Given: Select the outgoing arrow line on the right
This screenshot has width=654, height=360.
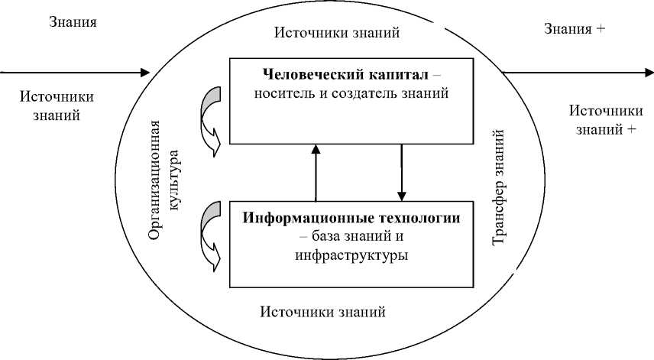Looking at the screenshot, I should (573, 73).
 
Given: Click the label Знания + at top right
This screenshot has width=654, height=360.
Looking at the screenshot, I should (575, 29).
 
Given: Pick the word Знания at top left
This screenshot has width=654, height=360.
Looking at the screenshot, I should (73, 21).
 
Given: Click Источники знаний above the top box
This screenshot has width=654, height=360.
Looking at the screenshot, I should (336, 33).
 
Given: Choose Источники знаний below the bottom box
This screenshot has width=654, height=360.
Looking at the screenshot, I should (322, 312).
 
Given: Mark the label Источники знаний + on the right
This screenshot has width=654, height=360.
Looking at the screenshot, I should (604, 120).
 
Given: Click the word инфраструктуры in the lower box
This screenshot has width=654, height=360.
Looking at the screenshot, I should (351, 255).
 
